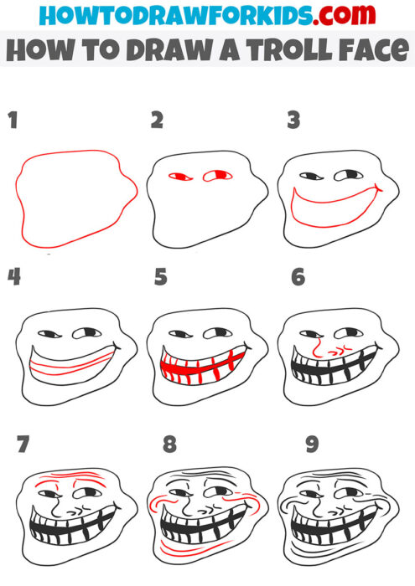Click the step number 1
click(x=13, y=121)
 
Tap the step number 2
click(x=156, y=121)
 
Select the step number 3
click(x=293, y=121)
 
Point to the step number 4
click(x=13, y=277)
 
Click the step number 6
click(x=298, y=277)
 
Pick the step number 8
click(x=170, y=444)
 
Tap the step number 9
click(x=312, y=444)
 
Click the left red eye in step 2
click(x=178, y=177)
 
